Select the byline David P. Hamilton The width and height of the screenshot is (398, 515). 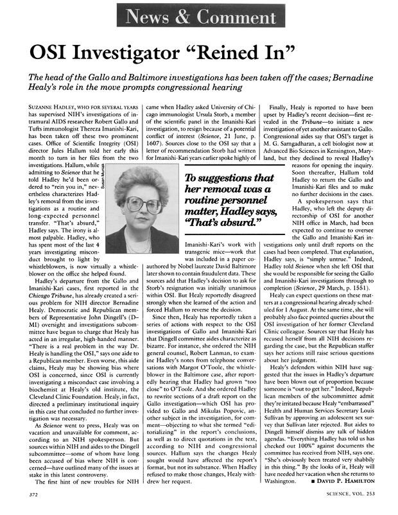click(347, 482)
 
